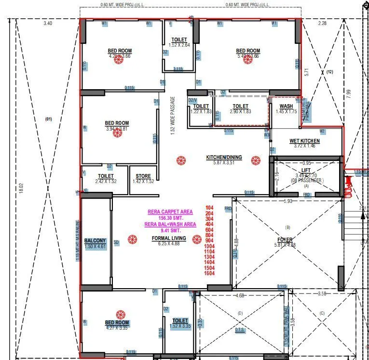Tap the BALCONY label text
point(95,240)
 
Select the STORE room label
point(143,176)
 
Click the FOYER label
point(285,240)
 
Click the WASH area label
point(286,106)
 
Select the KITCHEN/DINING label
point(224,158)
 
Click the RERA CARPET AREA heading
point(170,212)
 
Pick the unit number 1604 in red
point(209,273)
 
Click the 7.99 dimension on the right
point(349,94)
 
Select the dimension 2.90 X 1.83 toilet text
point(240,111)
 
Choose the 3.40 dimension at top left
point(48,23)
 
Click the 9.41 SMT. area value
point(170,230)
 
